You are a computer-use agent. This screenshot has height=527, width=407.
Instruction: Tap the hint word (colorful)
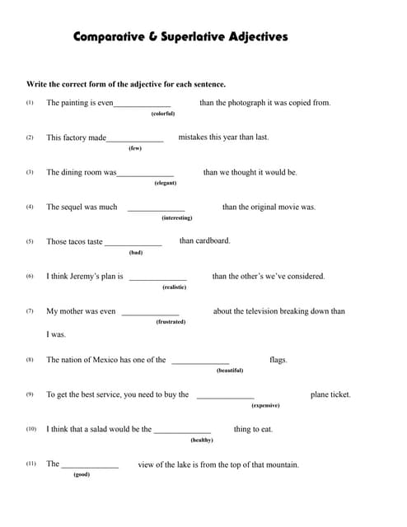click(163, 114)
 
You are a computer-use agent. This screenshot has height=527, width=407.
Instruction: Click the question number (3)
click(30, 172)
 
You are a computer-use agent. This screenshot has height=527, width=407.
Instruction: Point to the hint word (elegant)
click(166, 183)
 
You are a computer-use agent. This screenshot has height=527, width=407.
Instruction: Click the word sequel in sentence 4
click(73, 207)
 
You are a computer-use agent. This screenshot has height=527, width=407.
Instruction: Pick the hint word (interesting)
click(176, 217)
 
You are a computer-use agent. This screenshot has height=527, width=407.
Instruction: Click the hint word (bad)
click(136, 252)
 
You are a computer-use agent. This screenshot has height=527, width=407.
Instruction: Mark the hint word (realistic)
click(175, 287)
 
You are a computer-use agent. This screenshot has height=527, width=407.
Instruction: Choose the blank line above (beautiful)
click(200, 363)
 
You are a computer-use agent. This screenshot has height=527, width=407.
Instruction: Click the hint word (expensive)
click(265, 405)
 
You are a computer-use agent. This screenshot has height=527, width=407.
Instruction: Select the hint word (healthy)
click(202, 440)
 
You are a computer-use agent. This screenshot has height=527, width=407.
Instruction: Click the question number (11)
click(30, 464)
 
